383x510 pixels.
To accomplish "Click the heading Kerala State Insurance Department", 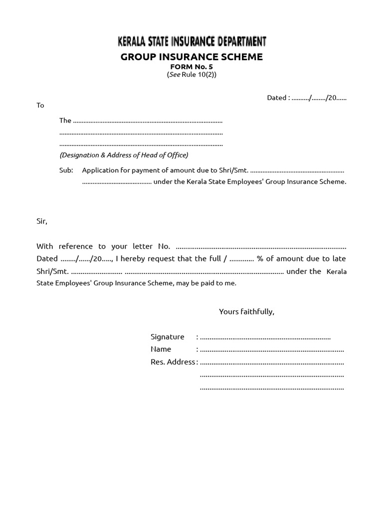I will [x=191, y=41].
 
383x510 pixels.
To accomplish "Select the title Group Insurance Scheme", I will [x=191, y=57].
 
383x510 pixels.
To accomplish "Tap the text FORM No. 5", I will [x=191, y=67].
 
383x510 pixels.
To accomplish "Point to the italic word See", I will [x=174, y=75].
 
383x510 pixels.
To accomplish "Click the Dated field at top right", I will [x=307, y=98].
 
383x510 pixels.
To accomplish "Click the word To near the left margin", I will [x=40, y=105].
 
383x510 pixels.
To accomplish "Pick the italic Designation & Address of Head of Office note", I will [x=124, y=155].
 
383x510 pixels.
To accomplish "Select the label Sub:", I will [x=66, y=170].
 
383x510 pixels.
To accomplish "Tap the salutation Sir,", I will [x=42, y=221].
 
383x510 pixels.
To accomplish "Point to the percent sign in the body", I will [x=260, y=258].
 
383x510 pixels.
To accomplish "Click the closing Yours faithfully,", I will [x=246, y=312].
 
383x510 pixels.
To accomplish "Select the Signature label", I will [x=168, y=337].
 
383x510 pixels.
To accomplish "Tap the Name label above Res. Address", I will [x=161, y=349].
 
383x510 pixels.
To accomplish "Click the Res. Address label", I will [x=173, y=362].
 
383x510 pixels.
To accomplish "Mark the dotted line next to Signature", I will [x=265, y=338].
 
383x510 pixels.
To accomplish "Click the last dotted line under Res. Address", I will [x=272, y=388].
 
